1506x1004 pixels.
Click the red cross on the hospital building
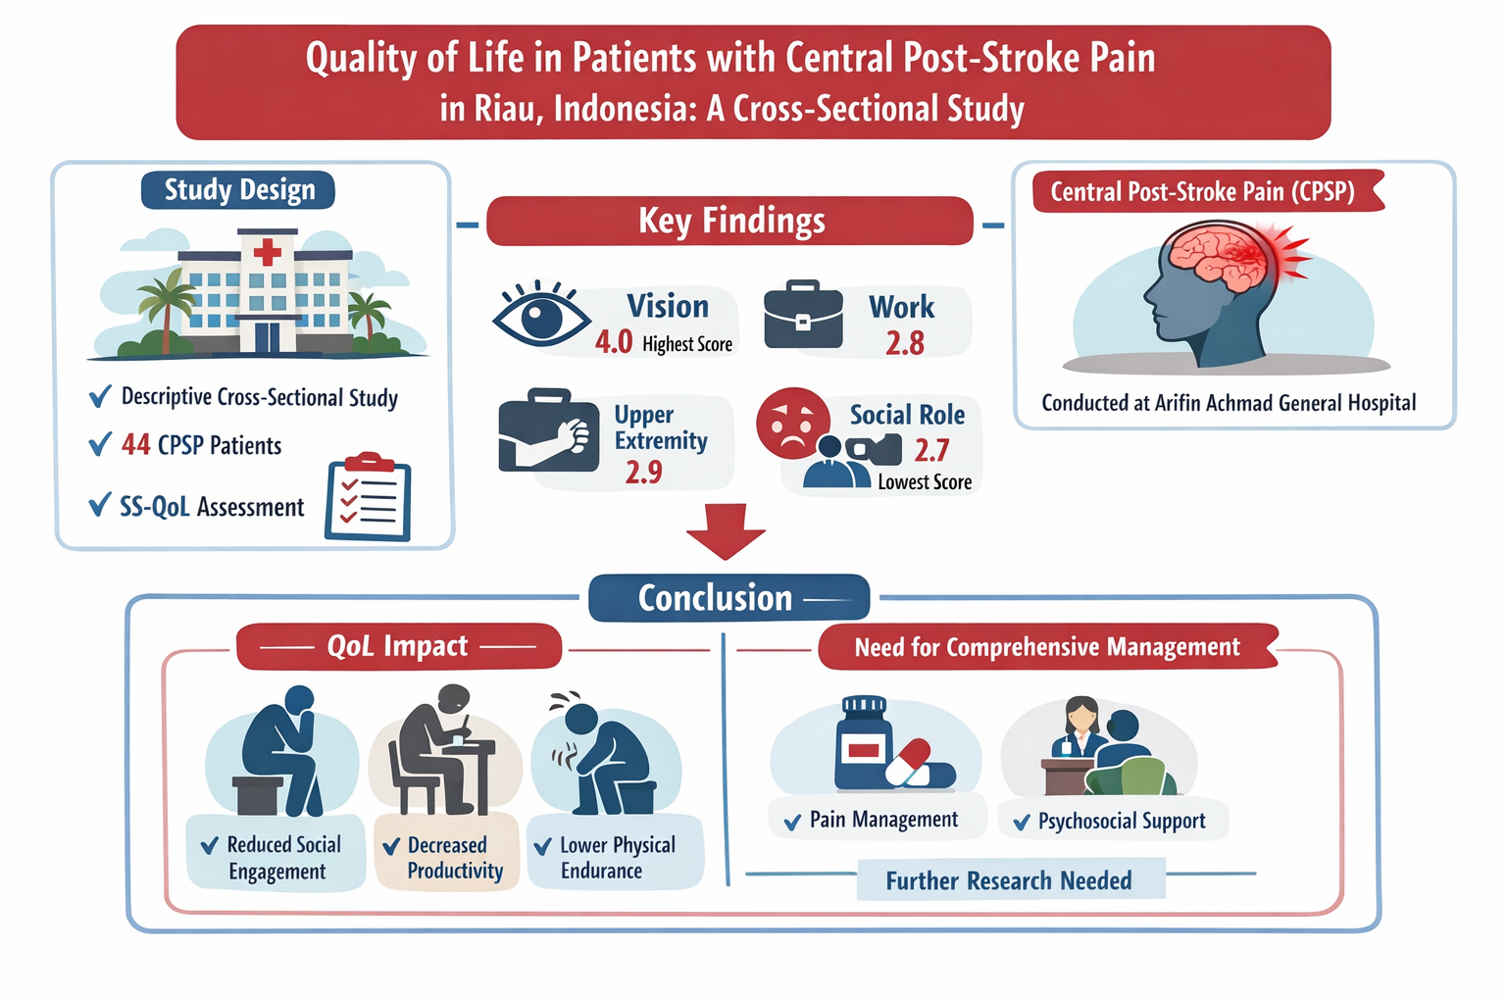tap(267, 252)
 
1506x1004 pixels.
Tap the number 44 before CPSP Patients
tap(135, 445)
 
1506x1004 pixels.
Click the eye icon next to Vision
tap(540, 315)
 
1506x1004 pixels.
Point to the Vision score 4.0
tap(614, 342)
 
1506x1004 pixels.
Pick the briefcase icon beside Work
tap(803, 316)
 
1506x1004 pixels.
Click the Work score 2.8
tap(905, 343)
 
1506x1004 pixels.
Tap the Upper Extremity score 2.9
tap(644, 473)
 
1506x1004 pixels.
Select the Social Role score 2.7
tap(931, 450)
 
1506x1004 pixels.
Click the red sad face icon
tap(792, 423)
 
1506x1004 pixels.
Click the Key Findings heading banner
tap(730, 221)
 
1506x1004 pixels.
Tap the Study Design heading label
tap(239, 189)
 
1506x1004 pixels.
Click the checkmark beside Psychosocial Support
tap(1022, 823)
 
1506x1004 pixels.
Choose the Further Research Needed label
tap(1009, 880)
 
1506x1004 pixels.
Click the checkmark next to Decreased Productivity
tap(391, 846)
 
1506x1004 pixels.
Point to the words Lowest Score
tap(925, 482)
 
